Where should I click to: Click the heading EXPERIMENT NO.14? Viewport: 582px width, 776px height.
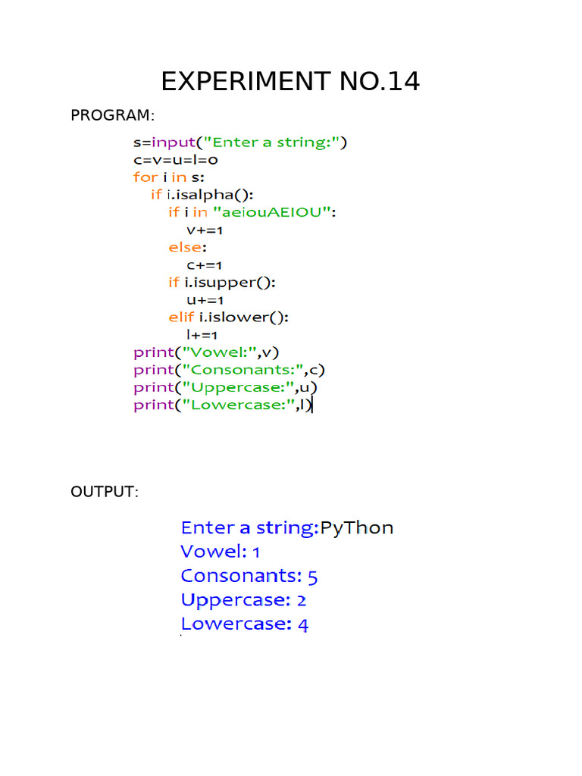pos(290,81)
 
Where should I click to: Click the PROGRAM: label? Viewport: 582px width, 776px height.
pos(112,115)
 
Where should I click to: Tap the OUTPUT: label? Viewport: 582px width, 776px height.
pos(105,492)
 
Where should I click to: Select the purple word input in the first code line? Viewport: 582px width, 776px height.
pos(174,142)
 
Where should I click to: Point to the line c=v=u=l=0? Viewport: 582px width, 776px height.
pos(176,160)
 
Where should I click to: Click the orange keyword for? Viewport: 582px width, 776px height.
pos(145,177)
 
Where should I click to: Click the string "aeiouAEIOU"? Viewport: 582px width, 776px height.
pos(272,212)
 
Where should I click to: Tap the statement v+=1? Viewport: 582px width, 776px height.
pos(205,230)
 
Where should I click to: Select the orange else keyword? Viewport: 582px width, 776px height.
pos(186,247)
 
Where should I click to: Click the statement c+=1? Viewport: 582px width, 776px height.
pos(205,265)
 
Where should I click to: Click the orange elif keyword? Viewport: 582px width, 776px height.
pos(181,317)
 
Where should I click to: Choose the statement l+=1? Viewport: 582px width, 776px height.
pos(202,335)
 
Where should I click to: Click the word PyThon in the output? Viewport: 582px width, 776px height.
pos(357,528)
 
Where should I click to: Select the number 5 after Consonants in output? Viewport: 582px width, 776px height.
pos(313,577)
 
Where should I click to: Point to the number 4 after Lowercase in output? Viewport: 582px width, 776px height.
pos(303,625)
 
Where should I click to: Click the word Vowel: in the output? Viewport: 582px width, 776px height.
pos(214,552)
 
